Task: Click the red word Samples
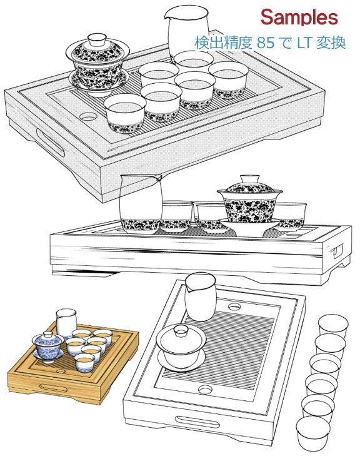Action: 299,18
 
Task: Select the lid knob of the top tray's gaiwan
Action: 97,39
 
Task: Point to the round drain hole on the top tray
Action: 88,116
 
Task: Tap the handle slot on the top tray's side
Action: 50,143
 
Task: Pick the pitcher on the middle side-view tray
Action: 141,203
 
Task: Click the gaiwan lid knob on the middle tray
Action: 250,178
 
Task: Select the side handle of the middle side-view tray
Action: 338,251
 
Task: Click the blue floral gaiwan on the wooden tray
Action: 48,347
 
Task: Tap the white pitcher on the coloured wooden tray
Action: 66,323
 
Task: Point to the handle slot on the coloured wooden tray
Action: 54,388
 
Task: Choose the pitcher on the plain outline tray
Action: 201,296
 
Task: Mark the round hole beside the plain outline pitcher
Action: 234,307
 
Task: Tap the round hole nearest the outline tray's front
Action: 205,389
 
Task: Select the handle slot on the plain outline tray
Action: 197,422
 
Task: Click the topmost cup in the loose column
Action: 333,327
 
